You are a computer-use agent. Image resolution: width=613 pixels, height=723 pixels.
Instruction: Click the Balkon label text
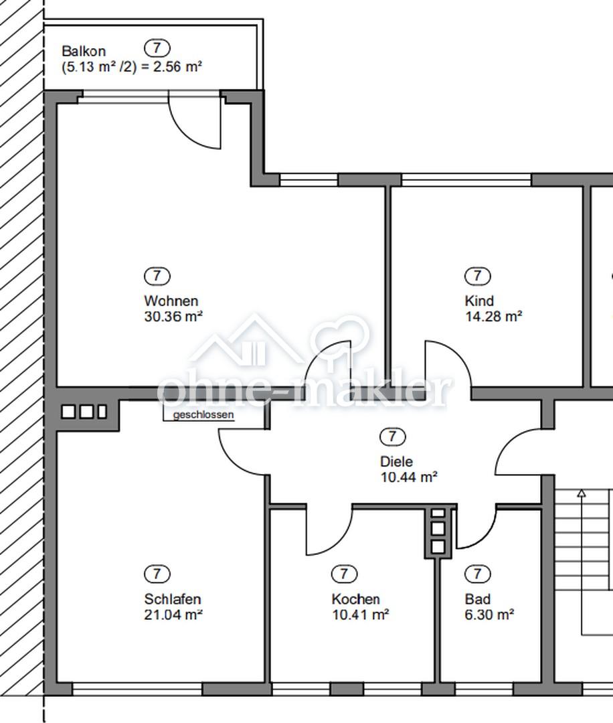click(84, 51)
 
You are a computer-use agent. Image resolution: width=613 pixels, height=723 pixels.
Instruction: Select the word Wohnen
click(171, 301)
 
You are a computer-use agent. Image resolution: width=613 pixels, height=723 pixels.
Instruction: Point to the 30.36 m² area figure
click(173, 316)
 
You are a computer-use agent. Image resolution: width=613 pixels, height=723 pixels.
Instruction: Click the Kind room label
click(479, 301)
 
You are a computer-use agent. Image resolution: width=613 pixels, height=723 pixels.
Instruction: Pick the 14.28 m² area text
click(493, 316)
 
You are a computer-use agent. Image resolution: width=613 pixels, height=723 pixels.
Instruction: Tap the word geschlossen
click(203, 415)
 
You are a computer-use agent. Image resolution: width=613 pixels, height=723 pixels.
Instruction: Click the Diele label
click(396, 461)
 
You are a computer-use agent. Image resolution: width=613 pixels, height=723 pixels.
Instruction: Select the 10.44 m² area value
click(409, 477)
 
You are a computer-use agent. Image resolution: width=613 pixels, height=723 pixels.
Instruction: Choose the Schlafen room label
click(173, 599)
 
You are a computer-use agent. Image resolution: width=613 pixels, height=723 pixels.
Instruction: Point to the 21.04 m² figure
click(173, 615)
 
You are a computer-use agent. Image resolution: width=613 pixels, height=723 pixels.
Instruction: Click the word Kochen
click(356, 599)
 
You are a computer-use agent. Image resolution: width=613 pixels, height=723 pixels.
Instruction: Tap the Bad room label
click(478, 599)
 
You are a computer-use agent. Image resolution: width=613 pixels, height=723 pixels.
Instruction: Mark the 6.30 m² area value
click(489, 615)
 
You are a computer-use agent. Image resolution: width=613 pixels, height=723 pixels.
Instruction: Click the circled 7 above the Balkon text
click(157, 48)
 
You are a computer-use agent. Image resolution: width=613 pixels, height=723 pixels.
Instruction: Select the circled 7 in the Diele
click(393, 436)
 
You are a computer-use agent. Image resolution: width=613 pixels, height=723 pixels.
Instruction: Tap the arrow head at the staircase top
click(582, 493)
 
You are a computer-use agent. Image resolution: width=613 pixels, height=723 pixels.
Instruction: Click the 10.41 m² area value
click(361, 615)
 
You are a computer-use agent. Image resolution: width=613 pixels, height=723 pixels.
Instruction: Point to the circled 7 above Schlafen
click(157, 574)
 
